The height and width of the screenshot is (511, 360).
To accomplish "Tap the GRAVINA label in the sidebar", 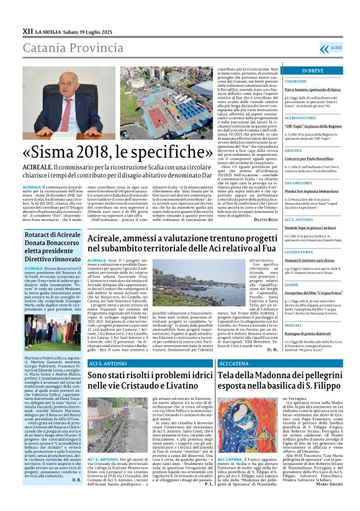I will pyautogui.click(x=293, y=150).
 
